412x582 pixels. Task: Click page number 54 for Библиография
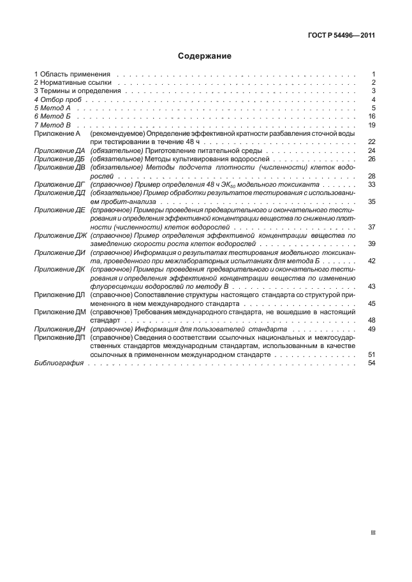[371, 363]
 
